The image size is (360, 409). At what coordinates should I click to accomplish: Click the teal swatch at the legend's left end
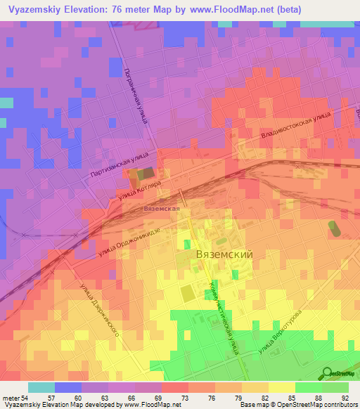click(x=41, y=387)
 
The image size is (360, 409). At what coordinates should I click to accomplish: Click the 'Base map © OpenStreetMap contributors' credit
click(x=297, y=405)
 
